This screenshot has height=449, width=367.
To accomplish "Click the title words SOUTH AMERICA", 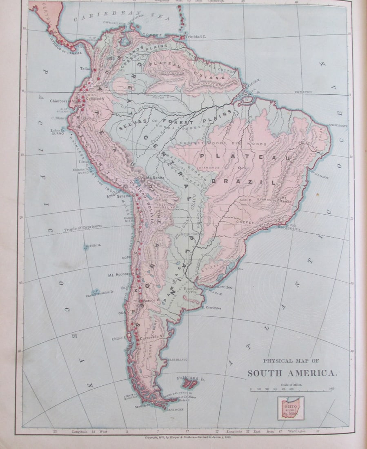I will (292, 373).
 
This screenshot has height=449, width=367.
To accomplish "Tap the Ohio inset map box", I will (291, 409).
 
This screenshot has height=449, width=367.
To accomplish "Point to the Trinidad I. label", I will (196, 37).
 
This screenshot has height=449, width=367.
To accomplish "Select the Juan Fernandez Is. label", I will (99, 293).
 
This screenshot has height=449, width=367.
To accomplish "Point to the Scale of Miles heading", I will (292, 384).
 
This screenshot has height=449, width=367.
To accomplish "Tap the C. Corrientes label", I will (211, 308).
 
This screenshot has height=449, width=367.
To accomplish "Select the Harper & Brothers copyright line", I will (183, 437).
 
